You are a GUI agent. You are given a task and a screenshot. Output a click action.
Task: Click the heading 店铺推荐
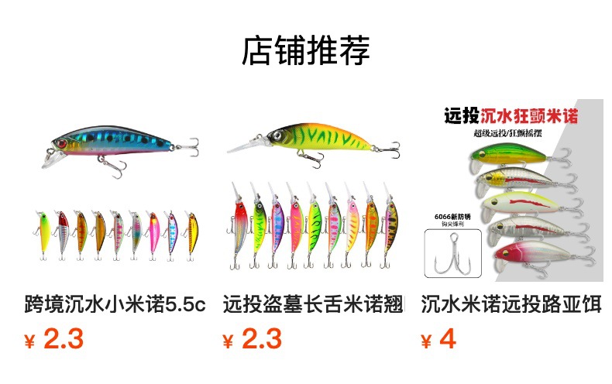point(306,50)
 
